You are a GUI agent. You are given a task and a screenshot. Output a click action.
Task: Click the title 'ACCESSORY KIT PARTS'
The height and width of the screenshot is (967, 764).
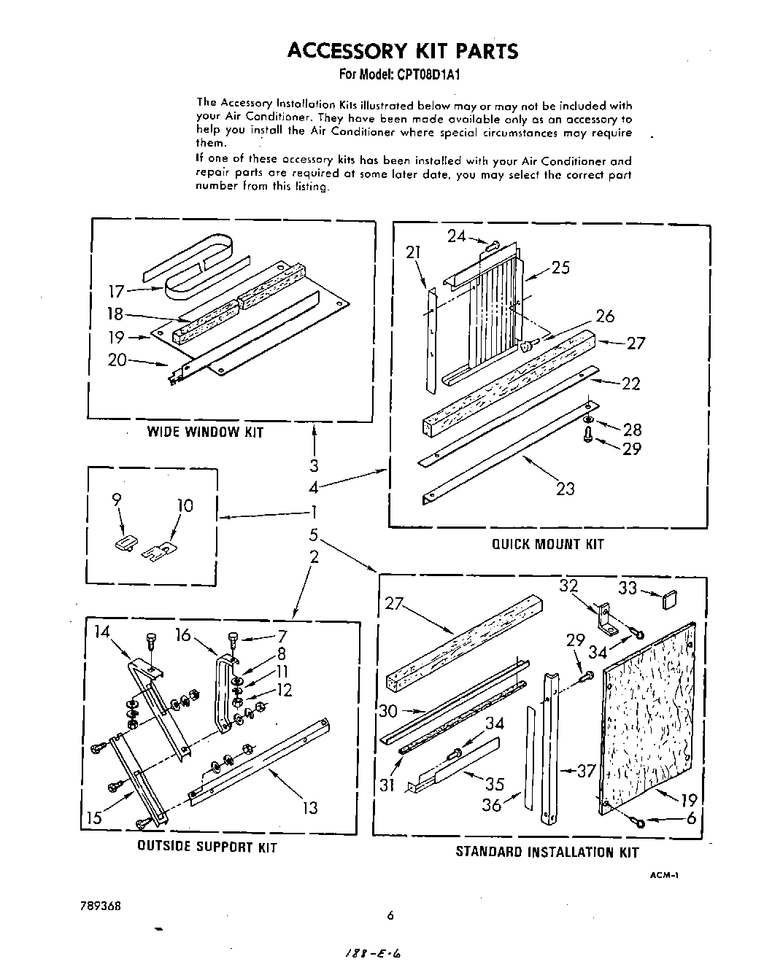pyautogui.click(x=403, y=50)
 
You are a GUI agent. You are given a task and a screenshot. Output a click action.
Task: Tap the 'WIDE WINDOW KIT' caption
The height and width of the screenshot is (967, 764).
pyautogui.click(x=205, y=432)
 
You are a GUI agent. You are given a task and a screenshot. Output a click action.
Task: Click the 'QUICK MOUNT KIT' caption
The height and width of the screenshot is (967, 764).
pyautogui.click(x=548, y=544)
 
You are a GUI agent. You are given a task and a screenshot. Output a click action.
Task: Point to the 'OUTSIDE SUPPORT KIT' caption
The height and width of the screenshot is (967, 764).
pyautogui.click(x=207, y=847)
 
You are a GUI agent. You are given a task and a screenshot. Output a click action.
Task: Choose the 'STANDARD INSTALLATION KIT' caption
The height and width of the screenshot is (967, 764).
pyautogui.click(x=547, y=852)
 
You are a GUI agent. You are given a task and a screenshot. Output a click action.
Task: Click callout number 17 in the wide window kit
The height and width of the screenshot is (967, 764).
pyautogui.click(x=117, y=291)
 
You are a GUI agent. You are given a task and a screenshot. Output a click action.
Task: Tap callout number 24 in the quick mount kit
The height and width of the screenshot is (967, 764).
pyautogui.click(x=456, y=236)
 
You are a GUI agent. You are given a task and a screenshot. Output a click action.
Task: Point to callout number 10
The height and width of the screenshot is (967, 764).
pyautogui.click(x=185, y=505)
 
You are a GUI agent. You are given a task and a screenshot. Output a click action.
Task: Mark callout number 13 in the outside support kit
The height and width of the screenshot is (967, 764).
pyautogui.click(x=310, y=807)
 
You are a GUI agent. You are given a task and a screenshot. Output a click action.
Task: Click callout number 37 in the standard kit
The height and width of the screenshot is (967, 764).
pyautogui.click(x=587, y=770)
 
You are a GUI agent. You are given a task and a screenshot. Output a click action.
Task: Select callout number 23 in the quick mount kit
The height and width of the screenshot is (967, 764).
pyautogui.click(x=566, y=489)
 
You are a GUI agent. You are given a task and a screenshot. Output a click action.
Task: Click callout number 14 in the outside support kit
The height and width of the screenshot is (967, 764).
pyautogui.click(x=101, y=632)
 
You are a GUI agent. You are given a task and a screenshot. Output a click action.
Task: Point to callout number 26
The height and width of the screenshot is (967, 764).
pyautogui.click(x=605, y=316)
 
